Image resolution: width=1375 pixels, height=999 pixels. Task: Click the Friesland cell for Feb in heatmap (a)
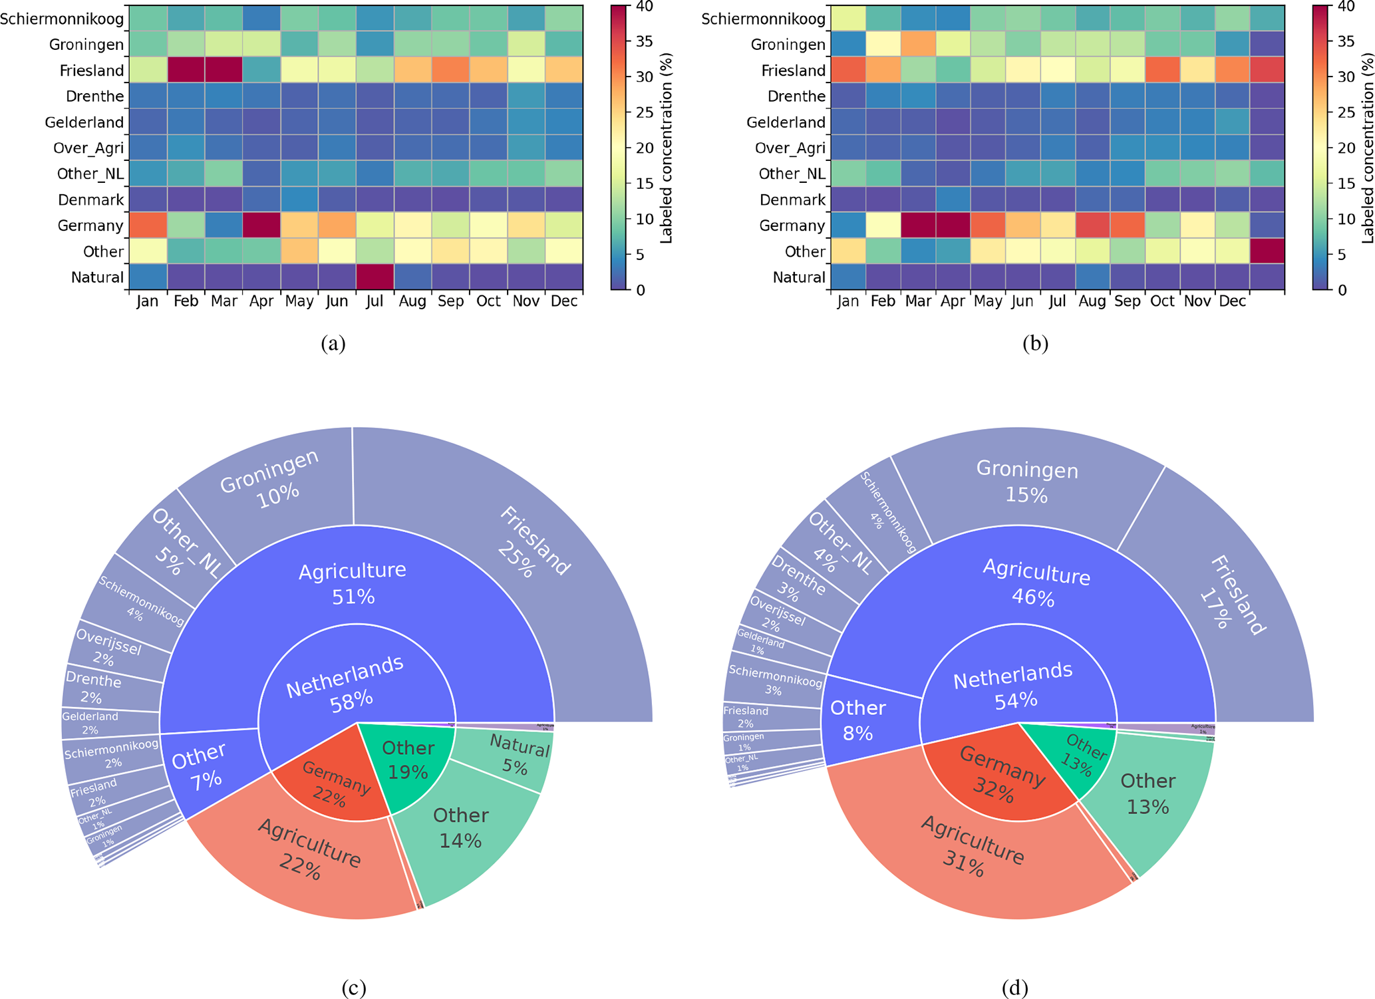(186, 70)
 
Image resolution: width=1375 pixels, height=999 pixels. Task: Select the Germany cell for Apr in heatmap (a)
(261, 225)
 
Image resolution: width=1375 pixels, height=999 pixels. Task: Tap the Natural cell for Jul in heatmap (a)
(375, 277)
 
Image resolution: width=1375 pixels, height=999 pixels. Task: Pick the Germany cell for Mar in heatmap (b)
(918, 225)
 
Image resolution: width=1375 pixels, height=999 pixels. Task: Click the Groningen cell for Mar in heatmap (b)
(918, 45)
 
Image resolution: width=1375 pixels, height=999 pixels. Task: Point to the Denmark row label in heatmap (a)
(90, 200)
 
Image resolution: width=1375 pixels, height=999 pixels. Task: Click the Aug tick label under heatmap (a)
(412, 301)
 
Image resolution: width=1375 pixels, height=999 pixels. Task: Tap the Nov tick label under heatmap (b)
(1197, 301)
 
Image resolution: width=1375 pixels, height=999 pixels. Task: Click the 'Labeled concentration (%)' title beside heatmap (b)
(1367, 148)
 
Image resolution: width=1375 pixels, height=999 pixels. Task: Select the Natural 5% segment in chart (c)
(518, 756)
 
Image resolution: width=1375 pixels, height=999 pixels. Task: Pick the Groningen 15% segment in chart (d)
(1026, 482)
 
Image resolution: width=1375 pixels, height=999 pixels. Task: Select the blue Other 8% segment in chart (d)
(857, 720)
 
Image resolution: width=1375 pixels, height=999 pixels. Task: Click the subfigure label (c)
(353, 988)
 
